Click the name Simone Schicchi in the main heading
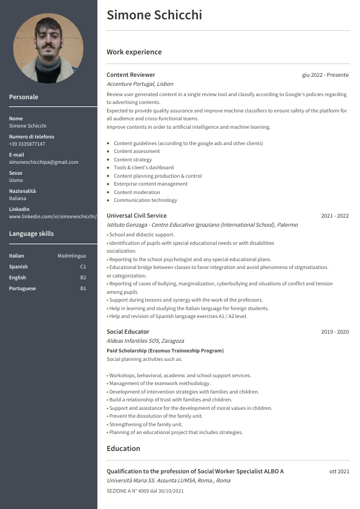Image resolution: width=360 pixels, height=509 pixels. click(x=154, y=15)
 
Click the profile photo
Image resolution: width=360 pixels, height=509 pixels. click(x=48, y=48)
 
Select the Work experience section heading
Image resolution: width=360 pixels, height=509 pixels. click(x=134, y=52)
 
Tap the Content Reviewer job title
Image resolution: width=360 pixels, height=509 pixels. click(x=131, y=74)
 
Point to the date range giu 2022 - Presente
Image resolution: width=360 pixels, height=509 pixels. click(x=326, y=75)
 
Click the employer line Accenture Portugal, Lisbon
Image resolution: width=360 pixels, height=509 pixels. click(x=140, y=84)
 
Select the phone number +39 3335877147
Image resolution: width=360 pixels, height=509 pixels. click(x=27, y=144)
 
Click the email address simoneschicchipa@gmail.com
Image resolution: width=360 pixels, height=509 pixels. click(x=44, y=162)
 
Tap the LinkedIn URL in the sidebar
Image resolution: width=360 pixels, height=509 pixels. click(x=53, y=216)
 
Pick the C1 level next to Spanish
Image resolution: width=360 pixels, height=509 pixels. click(x=83, y=267)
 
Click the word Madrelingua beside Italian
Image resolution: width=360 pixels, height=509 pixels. click(x=72, y=256)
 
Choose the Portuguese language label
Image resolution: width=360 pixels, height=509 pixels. click(x=22, y=288)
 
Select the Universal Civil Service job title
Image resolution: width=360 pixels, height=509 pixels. click(x=136, y=216)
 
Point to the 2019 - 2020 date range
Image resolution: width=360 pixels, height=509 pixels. click(x=335, y=332)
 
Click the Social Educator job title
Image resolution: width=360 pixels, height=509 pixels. click(x=128, y=332)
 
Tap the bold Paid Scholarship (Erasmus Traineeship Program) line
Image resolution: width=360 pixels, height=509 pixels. click(x=165, y=351)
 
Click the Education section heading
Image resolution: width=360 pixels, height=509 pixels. click(x=123, y=449)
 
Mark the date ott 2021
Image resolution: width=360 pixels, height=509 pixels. click(x=339, y=472)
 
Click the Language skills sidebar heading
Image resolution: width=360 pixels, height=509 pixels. click(x=31, y=233)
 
